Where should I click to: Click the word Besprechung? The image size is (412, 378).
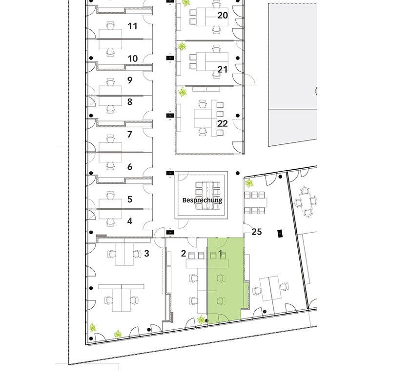pyautogui.click(x=202, y=200)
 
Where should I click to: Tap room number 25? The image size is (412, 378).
pyautogui.click(x=257, y=232)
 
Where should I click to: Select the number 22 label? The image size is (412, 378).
pyautogui.click(x=223, y=123)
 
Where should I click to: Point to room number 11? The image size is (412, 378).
pyautogui.click(x=132, y=26)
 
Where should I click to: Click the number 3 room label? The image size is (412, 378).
pyautogui.click(x=146, y=253)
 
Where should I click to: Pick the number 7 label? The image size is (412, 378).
pyautogui.click(x=129, y=135)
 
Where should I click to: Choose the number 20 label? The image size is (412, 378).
pyautogui.click(x=223, y=15)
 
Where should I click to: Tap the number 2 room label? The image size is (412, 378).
pyautogui.click(x=184, y=253)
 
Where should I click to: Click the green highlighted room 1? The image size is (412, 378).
pyautogui.click(x=226, y=279)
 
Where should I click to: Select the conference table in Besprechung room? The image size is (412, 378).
pyautogui.click(x=207, y=196)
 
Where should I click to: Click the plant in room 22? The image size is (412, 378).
pyautogui.click(x=183, y=92)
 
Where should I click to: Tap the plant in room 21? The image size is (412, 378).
pyautogui.click(x=182, y=47)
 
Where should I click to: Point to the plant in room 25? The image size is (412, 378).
pyautogui.click(x=249, y=183)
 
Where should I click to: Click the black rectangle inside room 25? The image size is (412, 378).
pyautogui.click(x=280, y=233)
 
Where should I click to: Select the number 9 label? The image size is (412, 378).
pyautogui.click(x=129, y=80)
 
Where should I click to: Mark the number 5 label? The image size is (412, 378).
pyautogui.click(x=129, y=199)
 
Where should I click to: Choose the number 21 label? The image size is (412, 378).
pyautogui.click(x=223, y=69)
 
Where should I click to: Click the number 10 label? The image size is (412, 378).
pyautogui.click(x=133, y=59)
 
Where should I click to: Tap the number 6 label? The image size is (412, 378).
pyautogui.click(x=129, y=167)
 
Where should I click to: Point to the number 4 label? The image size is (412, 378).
pyautogui.click(x=129, y=221)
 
